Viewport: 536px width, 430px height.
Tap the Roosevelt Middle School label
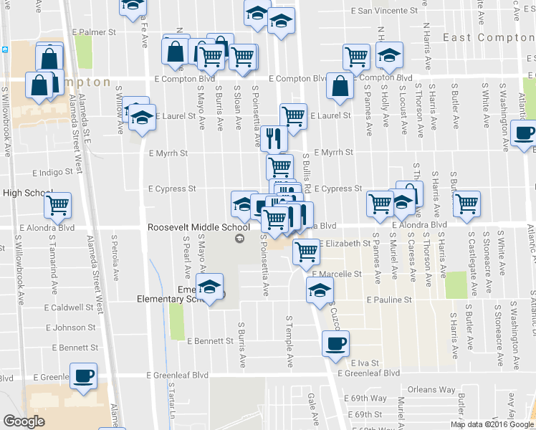[x=198, y=227]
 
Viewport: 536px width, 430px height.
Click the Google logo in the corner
[x=24, y=421]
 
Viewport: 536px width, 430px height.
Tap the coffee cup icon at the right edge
[x=525, y=134]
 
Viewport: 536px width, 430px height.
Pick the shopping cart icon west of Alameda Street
[x=57, y=206]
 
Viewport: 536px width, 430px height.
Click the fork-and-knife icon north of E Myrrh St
[x=272, y=137]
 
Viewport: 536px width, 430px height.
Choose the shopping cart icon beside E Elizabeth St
[x=307, y=251]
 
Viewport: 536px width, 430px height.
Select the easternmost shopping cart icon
[x=466, y=203]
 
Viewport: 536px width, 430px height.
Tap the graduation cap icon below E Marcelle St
[x=320, y=290]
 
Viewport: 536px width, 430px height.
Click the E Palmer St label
[x=94, y=32]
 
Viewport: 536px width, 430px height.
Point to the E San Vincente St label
[x=385, y=11]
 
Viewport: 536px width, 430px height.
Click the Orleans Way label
[x=431, y=391]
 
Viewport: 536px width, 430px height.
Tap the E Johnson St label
[x=70, y=328]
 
